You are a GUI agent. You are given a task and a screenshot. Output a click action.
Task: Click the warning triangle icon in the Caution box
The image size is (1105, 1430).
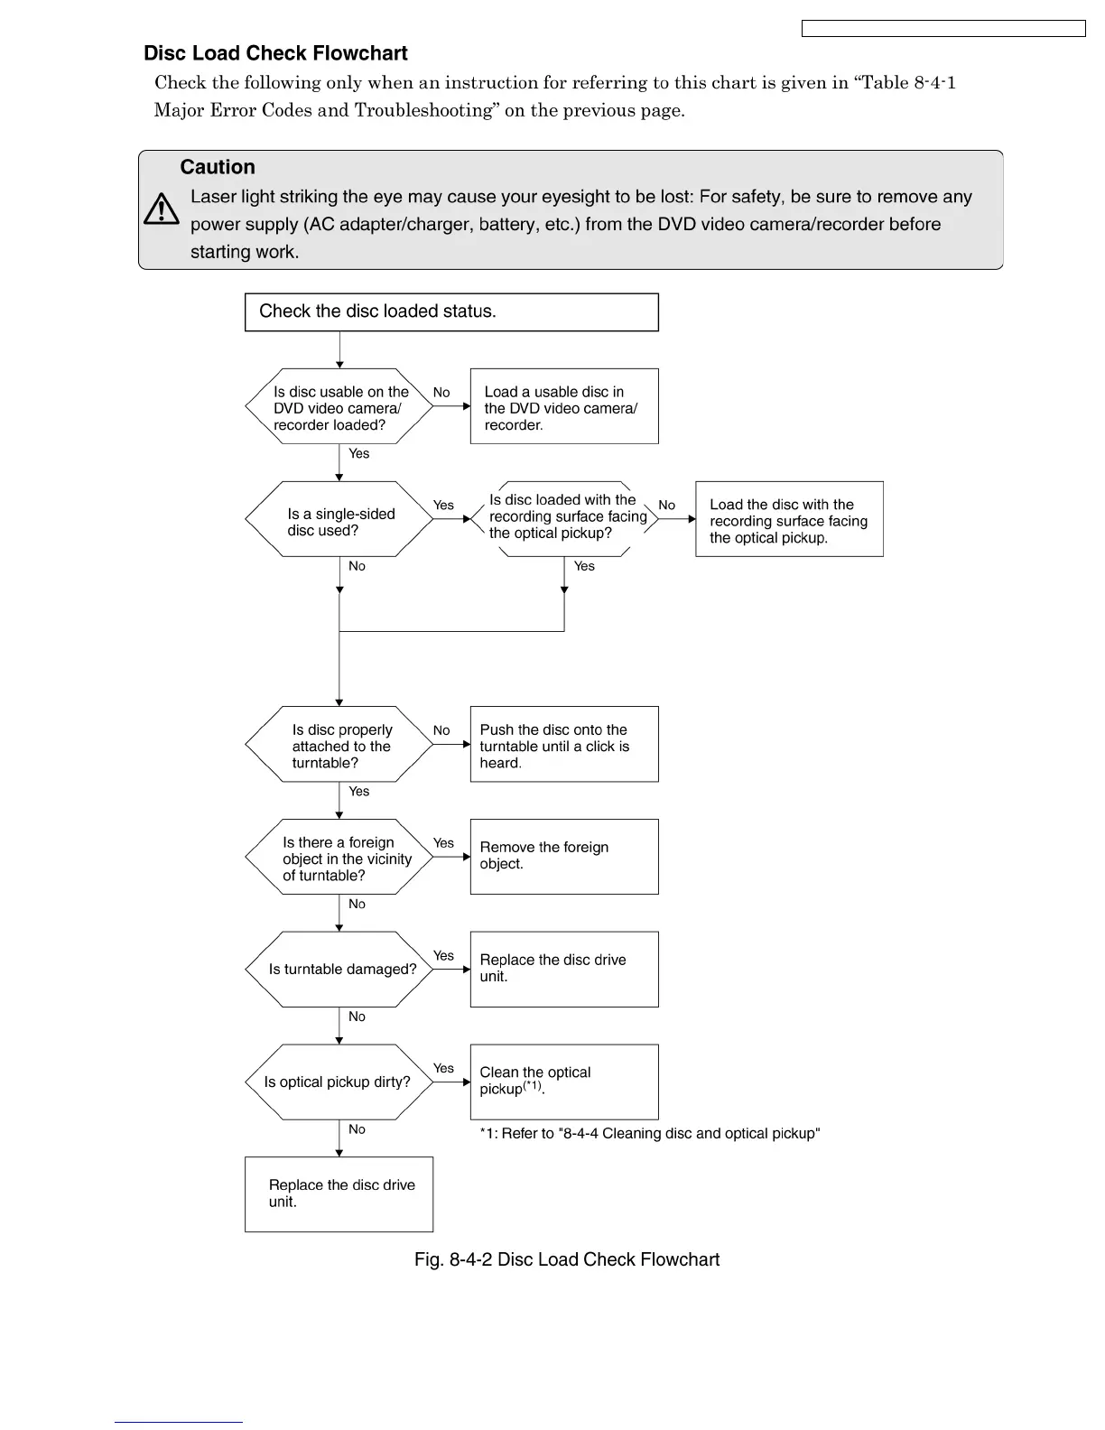pyautogui.click(x=162, y=209)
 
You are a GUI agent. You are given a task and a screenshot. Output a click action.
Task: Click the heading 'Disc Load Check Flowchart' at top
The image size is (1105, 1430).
pyautogui.click(x=275, y=53)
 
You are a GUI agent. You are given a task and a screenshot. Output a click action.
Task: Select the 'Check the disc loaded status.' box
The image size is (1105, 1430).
pyautogui.click(x=451, y=312)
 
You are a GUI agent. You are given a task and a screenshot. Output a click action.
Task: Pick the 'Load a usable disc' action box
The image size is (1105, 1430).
pyautogui.click(x=564, y=406)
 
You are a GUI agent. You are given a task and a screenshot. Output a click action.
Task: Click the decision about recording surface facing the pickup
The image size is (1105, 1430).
pyautogui.click(x=564, y=518)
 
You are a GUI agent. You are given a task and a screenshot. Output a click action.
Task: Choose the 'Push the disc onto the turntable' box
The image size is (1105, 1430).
pyautogui.click(x=564, y=744)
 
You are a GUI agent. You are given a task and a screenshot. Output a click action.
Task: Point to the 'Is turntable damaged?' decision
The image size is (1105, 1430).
pyautogui.click(x=339, y=970)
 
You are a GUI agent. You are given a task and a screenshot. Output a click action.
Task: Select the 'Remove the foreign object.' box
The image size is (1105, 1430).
pyautogui.click(x=564, y=857)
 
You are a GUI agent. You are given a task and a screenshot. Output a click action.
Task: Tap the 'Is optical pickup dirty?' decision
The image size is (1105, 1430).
pyautogui.click(x=339, y=1082)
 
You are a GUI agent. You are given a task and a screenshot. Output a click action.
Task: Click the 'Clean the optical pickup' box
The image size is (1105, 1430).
pyautogui.click(x=564, y=1082)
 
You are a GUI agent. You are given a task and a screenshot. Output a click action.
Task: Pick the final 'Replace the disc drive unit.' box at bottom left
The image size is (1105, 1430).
pyautogui.click(x=339, y=1194)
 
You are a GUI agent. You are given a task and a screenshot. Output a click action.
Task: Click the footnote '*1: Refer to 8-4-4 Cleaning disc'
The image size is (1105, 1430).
pyautogui.click(x=649, y=1134)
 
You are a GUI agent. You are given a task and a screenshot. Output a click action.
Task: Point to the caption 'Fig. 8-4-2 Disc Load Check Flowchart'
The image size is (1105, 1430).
pyautogui.click(x=567, y=1259)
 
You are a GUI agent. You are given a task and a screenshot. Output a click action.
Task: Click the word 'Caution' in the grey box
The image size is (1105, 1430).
pyautogui.click(x=218, y=167)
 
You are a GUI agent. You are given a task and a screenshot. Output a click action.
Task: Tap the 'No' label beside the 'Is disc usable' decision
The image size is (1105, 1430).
pyautogui.click(x=441, y=393)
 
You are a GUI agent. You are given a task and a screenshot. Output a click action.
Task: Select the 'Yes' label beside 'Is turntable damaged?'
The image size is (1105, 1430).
pyautogui.click(x=443, y=955)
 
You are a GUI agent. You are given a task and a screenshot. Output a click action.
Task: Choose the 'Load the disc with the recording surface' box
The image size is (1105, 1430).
pyautogui.click(x=789, y=519)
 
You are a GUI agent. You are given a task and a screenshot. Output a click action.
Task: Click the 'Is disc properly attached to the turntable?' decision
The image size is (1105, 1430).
pyautogui.click(x=339, y=745)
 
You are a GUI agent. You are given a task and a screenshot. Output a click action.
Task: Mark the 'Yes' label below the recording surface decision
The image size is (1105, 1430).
pyautogui.click(x=584, y=566)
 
